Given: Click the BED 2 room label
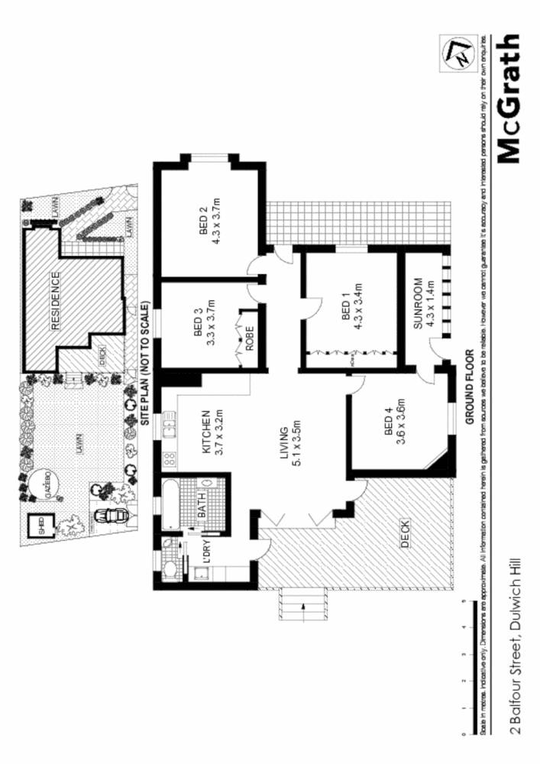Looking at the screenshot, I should (x=204, y=222).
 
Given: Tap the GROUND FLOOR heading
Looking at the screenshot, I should (x=469, y=388).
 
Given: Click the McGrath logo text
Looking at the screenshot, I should (x=509, y=97).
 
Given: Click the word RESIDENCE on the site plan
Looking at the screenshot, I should (x=56, y=299).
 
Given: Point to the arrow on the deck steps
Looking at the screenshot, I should (x=304, y=609).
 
